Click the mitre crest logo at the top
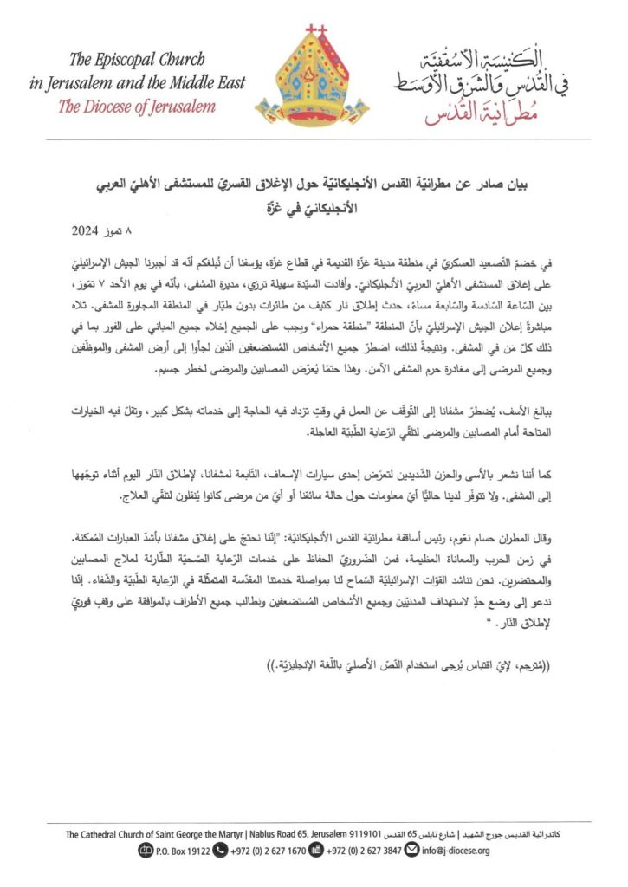pos(314,78)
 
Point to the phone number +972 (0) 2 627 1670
pos(261,851)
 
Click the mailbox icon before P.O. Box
pos(143,851)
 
